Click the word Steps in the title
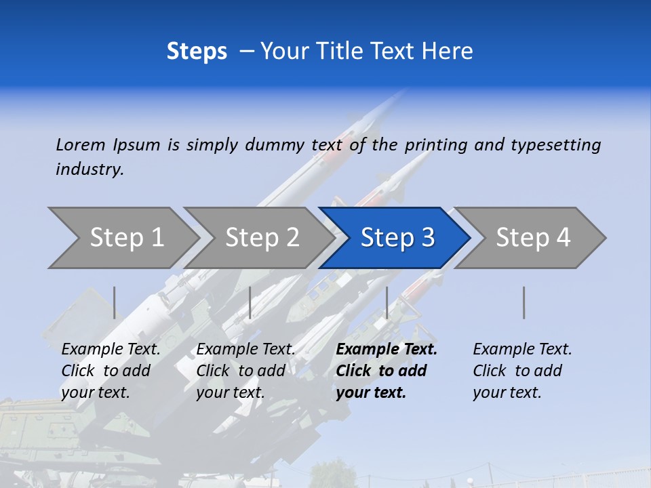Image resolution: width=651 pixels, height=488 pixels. click(197, 52)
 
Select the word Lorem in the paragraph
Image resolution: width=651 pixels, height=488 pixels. click(81, 144)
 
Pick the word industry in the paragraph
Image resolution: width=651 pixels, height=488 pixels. click(90, 169)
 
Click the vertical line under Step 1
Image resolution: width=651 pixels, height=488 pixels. click(115, 302)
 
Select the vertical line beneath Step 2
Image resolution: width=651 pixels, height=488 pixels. click(250, 302)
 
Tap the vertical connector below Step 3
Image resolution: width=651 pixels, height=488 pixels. click(387, 302)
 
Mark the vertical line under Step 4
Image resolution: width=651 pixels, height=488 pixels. click(524, 302)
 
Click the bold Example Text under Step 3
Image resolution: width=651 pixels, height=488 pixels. click(387, 350)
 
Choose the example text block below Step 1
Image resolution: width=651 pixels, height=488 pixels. click(111, 371)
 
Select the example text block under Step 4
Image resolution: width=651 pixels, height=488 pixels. click(522, 371)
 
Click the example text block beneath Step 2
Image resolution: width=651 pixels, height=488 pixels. click(245, 371)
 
